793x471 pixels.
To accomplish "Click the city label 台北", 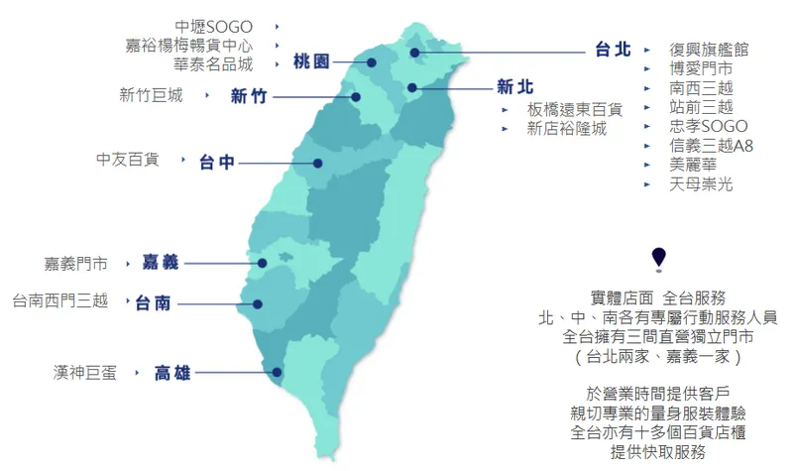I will (x=613, y=50).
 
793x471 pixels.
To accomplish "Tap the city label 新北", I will (x=515, y=85).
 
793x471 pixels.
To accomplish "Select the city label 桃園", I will (x=311, y=62).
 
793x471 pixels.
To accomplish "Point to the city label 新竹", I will (x=248, y=96).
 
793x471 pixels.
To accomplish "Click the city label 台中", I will (x=216, y=162).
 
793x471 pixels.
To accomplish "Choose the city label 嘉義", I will (x=160, y=263).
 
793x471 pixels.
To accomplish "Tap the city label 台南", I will (x=153, y=302).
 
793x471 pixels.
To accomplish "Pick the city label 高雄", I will (x=172, y=374).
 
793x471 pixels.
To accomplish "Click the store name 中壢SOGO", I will (x=213, y=27).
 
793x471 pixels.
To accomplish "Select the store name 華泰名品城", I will (x=213, y=64).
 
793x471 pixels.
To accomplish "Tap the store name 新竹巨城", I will (x=151, y=96).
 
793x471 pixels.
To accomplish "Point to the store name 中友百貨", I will (x=127, y=159).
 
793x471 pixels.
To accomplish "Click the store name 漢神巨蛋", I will (x=85, y=373).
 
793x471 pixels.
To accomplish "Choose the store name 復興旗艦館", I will (x=709, y=50).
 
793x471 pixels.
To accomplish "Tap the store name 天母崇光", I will (x=701, y=184).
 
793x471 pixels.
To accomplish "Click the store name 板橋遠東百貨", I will (x=575, y=109).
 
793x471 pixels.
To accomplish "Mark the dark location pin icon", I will (x=659, y=258).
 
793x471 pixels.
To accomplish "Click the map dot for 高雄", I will (x=277, y=374).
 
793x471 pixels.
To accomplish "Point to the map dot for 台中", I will (x=318, y=163).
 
